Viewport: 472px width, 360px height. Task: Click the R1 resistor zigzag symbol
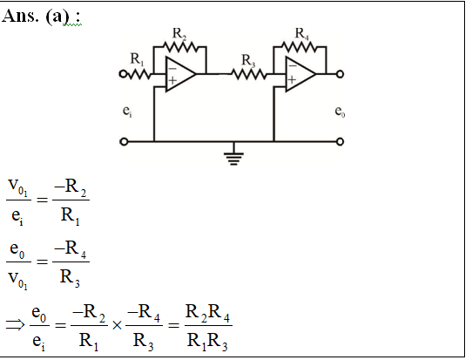139,74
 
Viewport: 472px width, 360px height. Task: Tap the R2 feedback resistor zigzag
180,47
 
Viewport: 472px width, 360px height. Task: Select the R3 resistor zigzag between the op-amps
249,74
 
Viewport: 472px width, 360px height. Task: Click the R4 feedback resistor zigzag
300,47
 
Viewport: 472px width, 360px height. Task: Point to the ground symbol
234,157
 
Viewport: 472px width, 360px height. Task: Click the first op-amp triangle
180,74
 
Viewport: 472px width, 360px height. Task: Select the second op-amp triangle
300,74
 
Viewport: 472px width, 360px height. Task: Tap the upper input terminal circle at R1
123,74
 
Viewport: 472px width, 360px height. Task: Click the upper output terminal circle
340,74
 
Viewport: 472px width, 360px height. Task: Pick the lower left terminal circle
124,141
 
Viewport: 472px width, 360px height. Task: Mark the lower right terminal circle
340,141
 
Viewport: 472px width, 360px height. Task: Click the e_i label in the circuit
127,112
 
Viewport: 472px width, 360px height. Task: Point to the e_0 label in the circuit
340,112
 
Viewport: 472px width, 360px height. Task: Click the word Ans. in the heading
20,16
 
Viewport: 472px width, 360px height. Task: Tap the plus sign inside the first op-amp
172,80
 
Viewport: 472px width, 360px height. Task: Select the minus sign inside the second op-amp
293,65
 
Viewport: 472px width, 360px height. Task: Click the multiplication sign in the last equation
117,325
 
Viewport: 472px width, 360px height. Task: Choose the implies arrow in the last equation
15,325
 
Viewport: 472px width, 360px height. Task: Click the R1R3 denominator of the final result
207,342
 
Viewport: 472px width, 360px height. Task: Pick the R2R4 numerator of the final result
208,313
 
